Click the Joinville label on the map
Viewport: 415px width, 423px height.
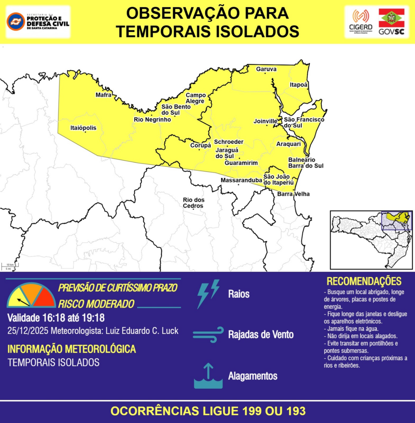pos(265,121)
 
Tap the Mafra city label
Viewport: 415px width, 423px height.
pos(103,95)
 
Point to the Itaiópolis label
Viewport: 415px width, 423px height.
pos(83,128)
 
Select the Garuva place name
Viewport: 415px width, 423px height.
pos(266,69)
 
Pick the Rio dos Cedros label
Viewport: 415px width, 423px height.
pos(193,203)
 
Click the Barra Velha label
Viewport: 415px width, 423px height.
pos(293,194)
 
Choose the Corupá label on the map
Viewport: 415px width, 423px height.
pos(200,145)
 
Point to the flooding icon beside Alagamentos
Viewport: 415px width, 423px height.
pos(208,376)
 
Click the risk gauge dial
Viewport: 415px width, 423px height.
pos(31,295)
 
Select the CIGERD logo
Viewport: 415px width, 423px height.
pos(360,21)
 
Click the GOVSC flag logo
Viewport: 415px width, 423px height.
pos(391,21)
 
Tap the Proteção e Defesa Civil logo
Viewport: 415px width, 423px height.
pos(38,21)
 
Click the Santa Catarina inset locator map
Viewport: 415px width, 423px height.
pos(371,240)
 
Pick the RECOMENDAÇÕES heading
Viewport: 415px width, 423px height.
pos(364,281)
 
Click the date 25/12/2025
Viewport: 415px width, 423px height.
pos(27,331)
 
